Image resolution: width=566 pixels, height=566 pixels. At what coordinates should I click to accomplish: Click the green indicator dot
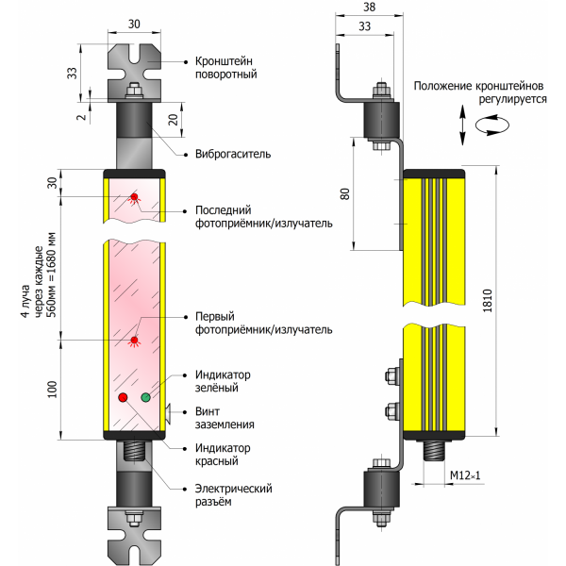145,397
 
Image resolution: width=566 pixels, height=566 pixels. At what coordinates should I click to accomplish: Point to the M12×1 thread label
466,474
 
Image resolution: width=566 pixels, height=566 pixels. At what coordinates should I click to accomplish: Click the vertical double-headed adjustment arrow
462,124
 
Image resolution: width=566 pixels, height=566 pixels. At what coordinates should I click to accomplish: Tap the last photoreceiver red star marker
133,197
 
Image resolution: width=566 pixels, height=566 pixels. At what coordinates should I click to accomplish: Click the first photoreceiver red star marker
134,340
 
